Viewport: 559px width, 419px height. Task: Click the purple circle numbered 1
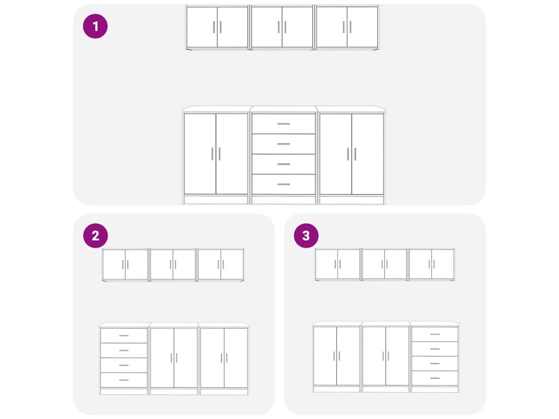pyautogui.click(x=95, y=26)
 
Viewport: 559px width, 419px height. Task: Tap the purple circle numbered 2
pyautogui.click(x=95, y=236)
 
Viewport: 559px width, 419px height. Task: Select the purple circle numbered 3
pyautogui.click(x=306, y=236)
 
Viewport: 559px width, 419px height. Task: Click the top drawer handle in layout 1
pyautogui.click(x=283, y=124)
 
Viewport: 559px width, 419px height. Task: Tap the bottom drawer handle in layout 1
pyautogui.click(x=283, y=184)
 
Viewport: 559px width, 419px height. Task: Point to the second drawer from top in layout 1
pyautogui.click(x=283, y=144)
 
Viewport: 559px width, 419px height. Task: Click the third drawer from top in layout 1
pyautogui.click(x=283, y=164)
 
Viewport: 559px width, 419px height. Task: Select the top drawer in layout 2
pyautogui.click(x=124, y=336)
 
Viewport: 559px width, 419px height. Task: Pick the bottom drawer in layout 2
pyautogui.click(x=124, y=380)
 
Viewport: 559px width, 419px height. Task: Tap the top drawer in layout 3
pyautogui.click(x=435, y=334)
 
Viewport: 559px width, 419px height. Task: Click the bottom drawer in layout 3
pyautogui.click(x=435, y=378)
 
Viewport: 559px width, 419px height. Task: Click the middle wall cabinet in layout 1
pyautogui.click(x=282, y=27)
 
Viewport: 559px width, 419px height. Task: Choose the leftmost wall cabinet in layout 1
pyautogui.click(x=217, y=27)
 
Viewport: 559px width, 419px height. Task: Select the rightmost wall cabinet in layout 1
pyautogui.click(x=347, y=27)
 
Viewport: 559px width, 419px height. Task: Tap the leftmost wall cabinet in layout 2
pyautogui.click(x=125, y=265)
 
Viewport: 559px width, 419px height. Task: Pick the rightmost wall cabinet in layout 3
pyautogui.click(x=432, y=264)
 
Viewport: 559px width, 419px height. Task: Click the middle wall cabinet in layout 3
pyautogui.click(x=384, y=264)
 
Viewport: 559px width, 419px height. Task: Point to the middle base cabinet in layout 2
pyautogui.click(x=174, y=359)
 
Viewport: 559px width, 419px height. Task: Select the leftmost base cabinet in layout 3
pyautogui.click(x=336, y=357)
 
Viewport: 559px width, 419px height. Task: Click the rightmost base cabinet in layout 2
pyautogui.click(x=224, y=359)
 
